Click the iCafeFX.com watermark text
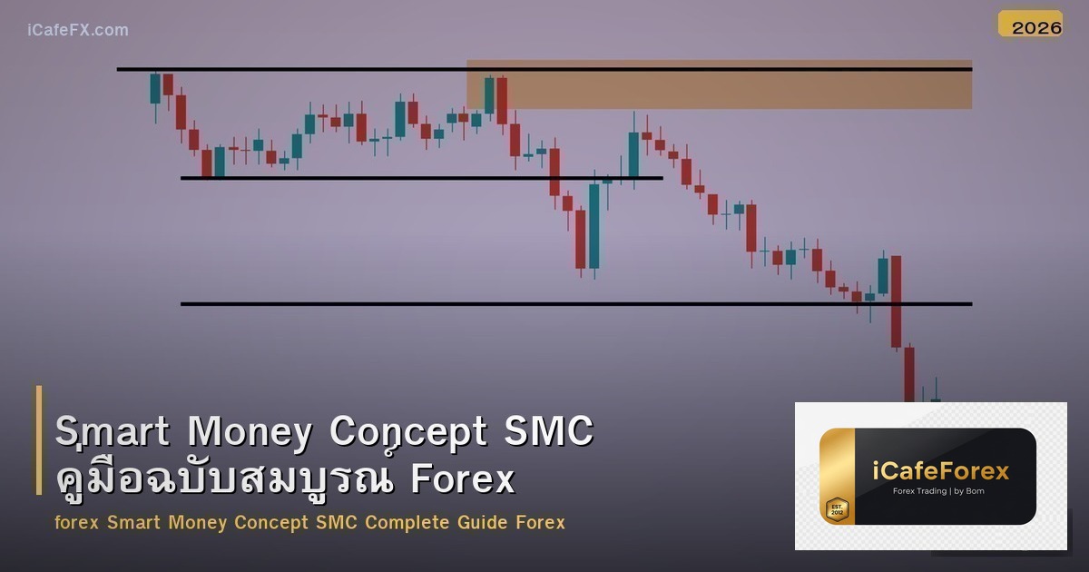[x=78, y=30]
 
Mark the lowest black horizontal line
[x=544, y=303]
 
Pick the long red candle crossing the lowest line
[x=896, y=301]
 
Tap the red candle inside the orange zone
[x=502, y=100]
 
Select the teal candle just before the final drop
[x=883, y=275]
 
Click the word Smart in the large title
[x=114, y=431]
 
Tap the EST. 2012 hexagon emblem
[x=836, y=508]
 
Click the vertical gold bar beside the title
[x=39, y=440]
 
